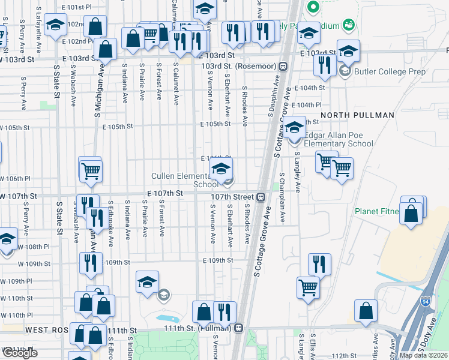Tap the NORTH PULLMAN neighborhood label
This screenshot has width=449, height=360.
click(x=357, y=115)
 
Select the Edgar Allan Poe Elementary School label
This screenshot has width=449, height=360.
click(x=339, y=139)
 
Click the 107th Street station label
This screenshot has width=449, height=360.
click(x=232, y=197)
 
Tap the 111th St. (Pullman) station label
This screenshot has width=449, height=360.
click(x=199, y=328)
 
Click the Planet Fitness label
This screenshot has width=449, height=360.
click(x=377, y=211)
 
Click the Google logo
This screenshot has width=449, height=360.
click(x=19, y=352)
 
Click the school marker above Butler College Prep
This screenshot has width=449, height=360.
click(x=348, y=52)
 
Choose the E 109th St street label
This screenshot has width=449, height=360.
click(x=217, y=260)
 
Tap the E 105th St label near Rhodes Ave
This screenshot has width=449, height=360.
click(x=216, y=124)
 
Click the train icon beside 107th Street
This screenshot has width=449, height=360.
click(x=261, y=197)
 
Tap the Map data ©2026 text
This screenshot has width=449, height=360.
click(x=423, y=355)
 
